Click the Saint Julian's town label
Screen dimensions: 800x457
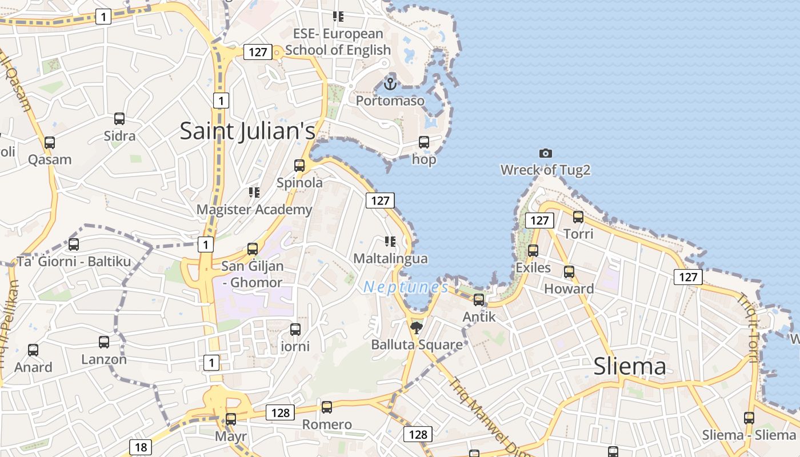click(x=247, y=131)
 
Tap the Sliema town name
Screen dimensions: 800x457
click(x=630, y=366)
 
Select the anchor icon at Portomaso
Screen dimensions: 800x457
click(x=390, y=84)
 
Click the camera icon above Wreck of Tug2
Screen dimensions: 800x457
click(x=546, y=153)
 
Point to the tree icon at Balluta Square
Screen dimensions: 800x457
click(x=417, y=327)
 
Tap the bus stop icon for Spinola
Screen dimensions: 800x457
click(x=299, y=166)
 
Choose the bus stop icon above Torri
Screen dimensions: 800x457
click(x=578, y=217)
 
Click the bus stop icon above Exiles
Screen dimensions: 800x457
click(x=533, y=250)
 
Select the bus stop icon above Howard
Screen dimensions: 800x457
click(x=569, y=271)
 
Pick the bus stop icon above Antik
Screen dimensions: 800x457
click(x=479, y=299)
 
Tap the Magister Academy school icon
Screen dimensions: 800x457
click(x=254, y=193)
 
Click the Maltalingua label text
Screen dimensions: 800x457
click(x=390, y=258)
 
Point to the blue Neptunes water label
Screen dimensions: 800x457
click(x=406, y=287)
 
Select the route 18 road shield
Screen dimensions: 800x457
click(x=141, y=447)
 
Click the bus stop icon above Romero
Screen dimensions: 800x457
click(x=327, y=407)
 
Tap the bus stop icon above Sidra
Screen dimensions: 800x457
click(x=119, y=119)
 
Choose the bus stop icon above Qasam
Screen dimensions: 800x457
click(x=50, y=143)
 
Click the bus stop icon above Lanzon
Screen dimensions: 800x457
click(x=104, y=342)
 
